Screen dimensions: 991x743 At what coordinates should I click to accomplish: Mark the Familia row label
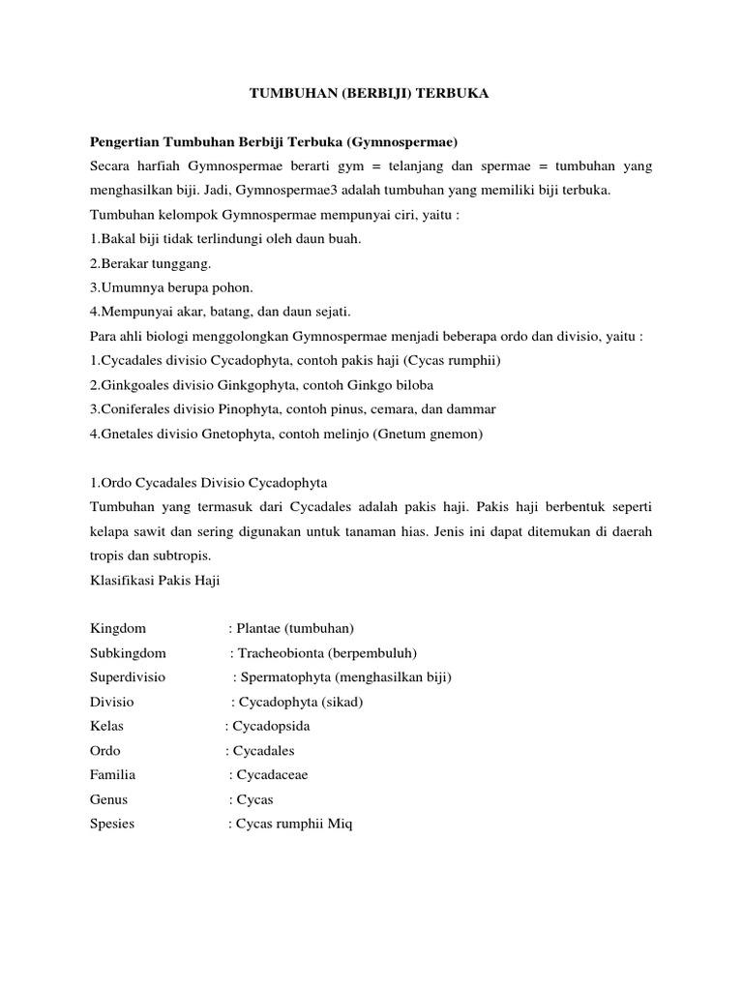click(113, 774)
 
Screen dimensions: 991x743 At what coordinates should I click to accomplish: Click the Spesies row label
click(112, 824)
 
